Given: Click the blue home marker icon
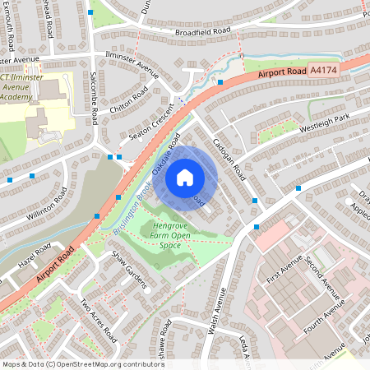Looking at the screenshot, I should (x=185, y=177).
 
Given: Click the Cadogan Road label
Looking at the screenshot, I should (x=227, y=160).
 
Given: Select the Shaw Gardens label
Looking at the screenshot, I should (x=130, y=271).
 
